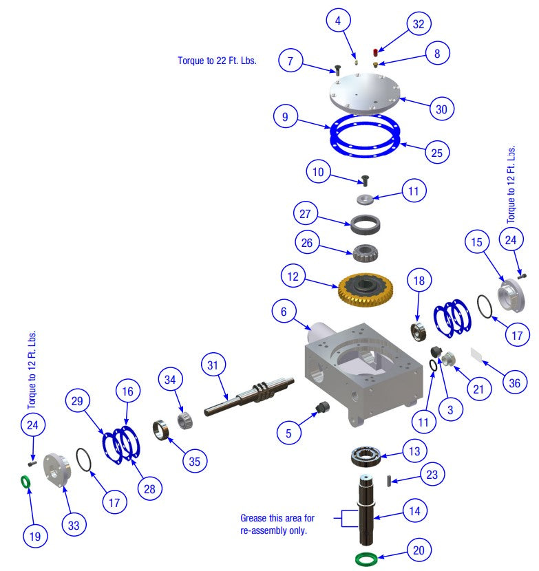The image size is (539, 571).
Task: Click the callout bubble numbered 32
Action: [418, 23]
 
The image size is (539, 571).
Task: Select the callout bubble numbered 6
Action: [283, 311]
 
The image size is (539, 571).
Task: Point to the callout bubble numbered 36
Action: [514, 383]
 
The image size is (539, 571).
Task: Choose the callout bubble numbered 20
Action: [419, 550]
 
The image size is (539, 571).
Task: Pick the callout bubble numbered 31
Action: [214, 365]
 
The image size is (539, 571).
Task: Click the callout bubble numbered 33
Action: [74, 525]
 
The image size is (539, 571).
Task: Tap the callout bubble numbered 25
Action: [436, 153]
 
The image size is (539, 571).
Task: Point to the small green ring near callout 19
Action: [25, 483]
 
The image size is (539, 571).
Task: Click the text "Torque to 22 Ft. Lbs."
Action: [217, 61]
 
